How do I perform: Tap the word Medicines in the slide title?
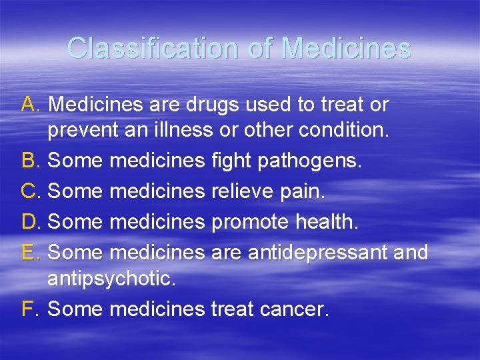(346, 48)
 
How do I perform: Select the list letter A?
(31, 105)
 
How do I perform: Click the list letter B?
(31, 161)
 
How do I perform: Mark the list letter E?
(31, 251)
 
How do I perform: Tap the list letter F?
(30, 309)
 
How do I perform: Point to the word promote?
(249, 222)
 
